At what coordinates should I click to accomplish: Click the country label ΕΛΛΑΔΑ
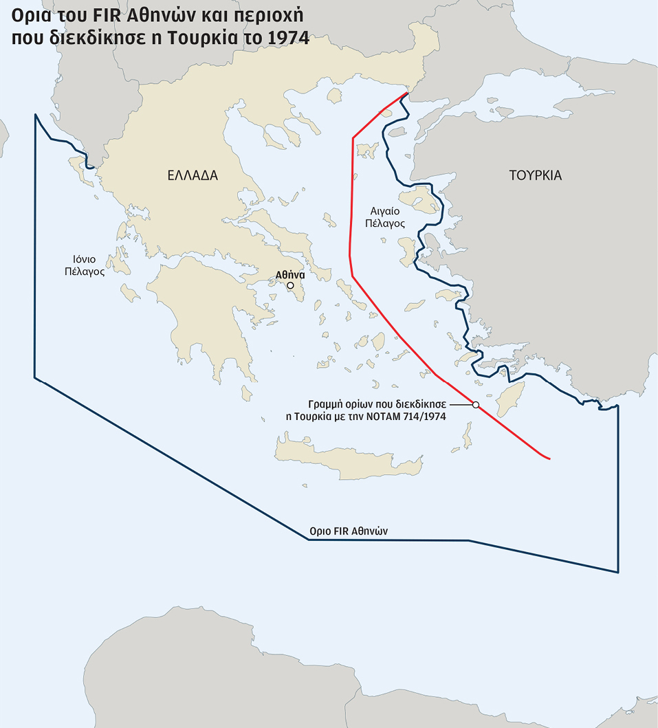193,175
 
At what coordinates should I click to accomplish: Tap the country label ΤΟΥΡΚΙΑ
536,175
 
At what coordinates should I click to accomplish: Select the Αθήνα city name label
289,274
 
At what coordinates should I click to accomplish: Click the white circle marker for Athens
290,285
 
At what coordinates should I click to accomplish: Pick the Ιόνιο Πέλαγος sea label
80,265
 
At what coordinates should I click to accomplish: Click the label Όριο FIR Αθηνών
340,531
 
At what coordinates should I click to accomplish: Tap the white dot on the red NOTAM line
475,405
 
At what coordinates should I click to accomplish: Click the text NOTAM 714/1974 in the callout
421,417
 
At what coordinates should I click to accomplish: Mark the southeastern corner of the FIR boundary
618,572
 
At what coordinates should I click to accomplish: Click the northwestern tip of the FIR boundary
35,115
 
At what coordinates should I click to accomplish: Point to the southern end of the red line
549,459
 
